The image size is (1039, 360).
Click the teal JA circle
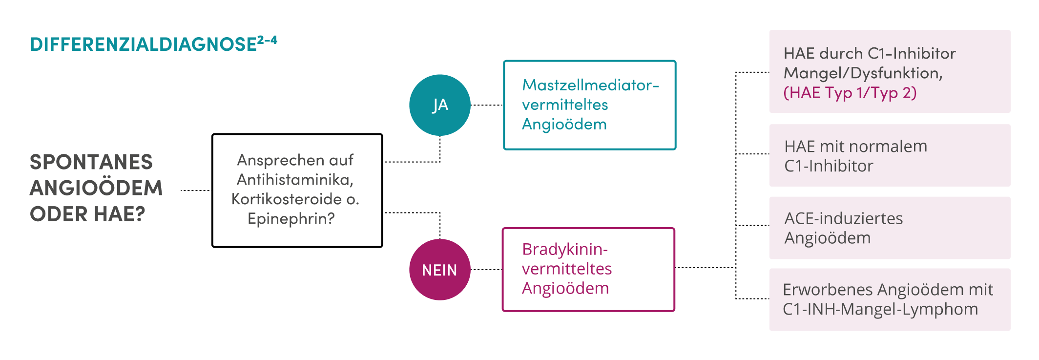click(440, 105)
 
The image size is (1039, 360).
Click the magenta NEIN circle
click(440, 270)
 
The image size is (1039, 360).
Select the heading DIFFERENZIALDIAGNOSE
click(144, 44)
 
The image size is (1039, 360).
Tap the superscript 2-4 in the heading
click(267, 40)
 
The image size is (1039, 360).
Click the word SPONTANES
click(91, 162)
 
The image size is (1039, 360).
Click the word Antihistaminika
click(295, 180)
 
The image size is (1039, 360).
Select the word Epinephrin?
click(291, 218)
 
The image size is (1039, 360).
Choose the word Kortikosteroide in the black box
click(287, 199)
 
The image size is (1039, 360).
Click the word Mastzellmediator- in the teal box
click(591, 85)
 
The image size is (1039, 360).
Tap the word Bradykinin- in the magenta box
click(565, 249)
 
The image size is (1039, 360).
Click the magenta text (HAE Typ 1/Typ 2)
click(850, 93)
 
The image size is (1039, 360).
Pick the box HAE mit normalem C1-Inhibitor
click(890, 155)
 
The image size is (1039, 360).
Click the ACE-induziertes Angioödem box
click(890, 228)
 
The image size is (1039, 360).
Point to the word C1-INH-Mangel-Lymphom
click(880, 309)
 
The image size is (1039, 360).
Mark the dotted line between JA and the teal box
click(487, 105)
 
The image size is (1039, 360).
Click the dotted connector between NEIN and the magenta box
click(486, 270)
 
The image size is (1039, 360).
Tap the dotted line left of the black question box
click(196, 191)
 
